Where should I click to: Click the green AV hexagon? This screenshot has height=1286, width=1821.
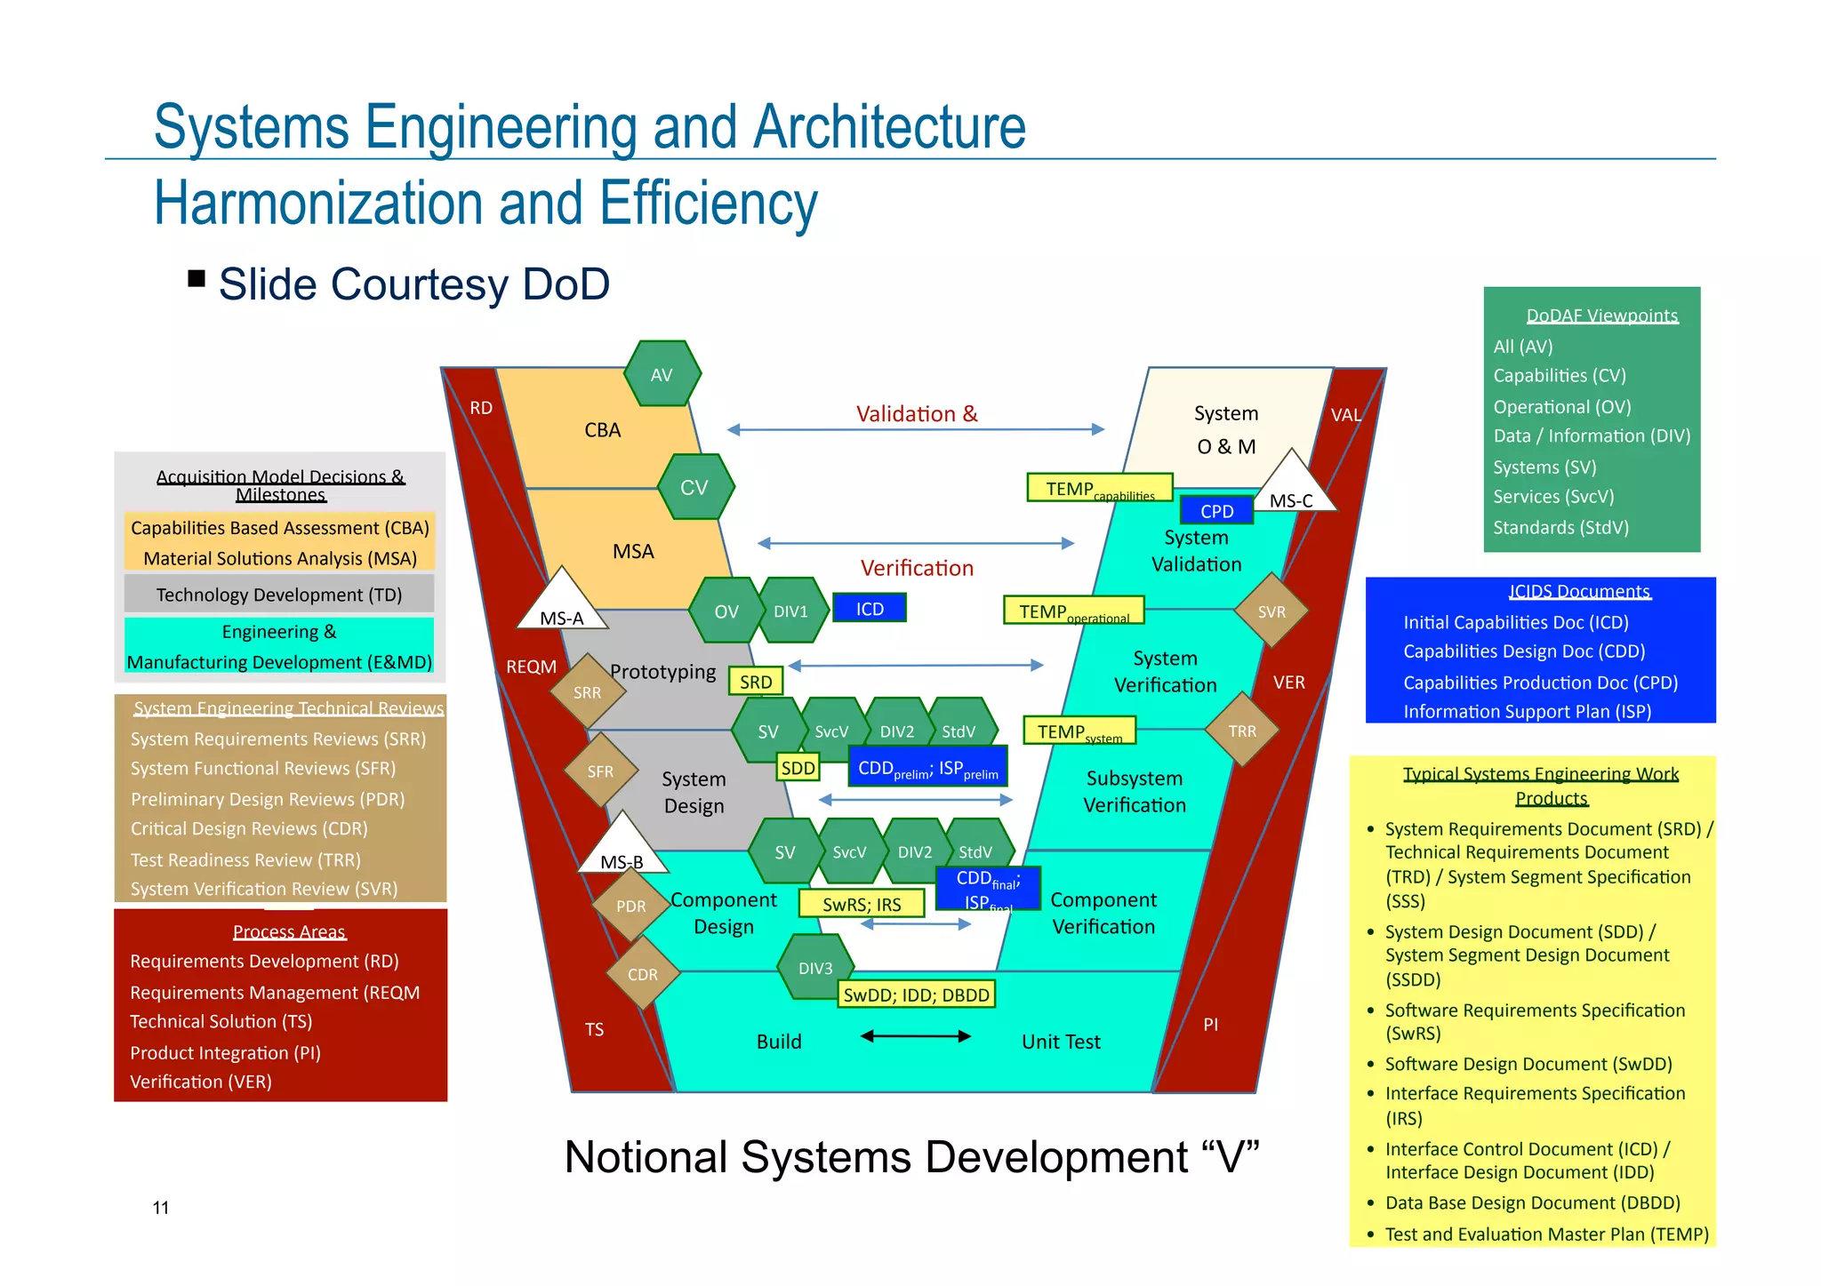[662, 374]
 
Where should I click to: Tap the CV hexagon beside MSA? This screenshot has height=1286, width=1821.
[695, 487]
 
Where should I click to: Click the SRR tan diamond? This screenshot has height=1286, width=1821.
[587, 692]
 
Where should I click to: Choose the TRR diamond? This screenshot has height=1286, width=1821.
[1242, 731]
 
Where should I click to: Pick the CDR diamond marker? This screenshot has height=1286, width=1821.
[643, 974]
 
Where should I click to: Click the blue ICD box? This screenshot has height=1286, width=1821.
[870, 609]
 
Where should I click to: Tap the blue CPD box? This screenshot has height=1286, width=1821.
[1216, 511]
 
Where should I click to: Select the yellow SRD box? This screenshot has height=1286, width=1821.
[756, 682]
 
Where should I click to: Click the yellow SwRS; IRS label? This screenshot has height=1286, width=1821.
[862, 904]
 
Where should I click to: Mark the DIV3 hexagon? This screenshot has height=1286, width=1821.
[815, 967]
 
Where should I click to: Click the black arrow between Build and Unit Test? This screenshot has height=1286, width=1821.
[915, 1036]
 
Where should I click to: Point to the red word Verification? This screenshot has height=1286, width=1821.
[917, 568]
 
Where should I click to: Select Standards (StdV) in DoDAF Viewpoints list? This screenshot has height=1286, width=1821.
[1560, 528]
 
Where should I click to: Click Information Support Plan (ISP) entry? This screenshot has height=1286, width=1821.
[1527, 712]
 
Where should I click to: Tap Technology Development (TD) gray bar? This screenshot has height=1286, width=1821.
[279, 595]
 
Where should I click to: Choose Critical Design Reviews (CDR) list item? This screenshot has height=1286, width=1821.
[249, 828]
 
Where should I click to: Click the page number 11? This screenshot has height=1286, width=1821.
[161, 1208]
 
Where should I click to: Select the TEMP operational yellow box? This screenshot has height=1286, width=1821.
[1073, 611]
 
